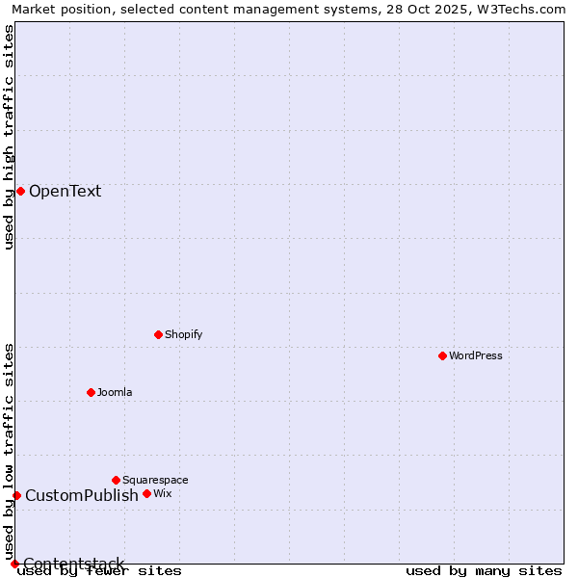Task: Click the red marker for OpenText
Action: click(20, 191)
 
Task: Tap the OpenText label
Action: click(65, 191)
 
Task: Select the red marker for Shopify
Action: click(158, 334)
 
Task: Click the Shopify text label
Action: click(183, 334)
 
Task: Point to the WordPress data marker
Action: click(442, 355)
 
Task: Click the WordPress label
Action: click(475, 355)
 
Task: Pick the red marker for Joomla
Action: click(91, 392)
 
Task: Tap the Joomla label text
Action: click(115, 392)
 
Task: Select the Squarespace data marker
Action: click(116, 480)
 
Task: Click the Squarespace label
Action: click(155, 480)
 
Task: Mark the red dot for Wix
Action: click(146, 493)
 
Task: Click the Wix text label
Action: click(162, 493)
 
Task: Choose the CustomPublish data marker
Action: click(16, 495)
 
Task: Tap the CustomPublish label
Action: click(82, 495)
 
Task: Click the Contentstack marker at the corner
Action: click(14, 564)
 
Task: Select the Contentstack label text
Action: click(73, 564)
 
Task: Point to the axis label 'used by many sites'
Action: click(484, 570)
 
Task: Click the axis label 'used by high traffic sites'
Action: click(9, 137)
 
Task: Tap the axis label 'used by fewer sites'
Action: click(99, 571)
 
